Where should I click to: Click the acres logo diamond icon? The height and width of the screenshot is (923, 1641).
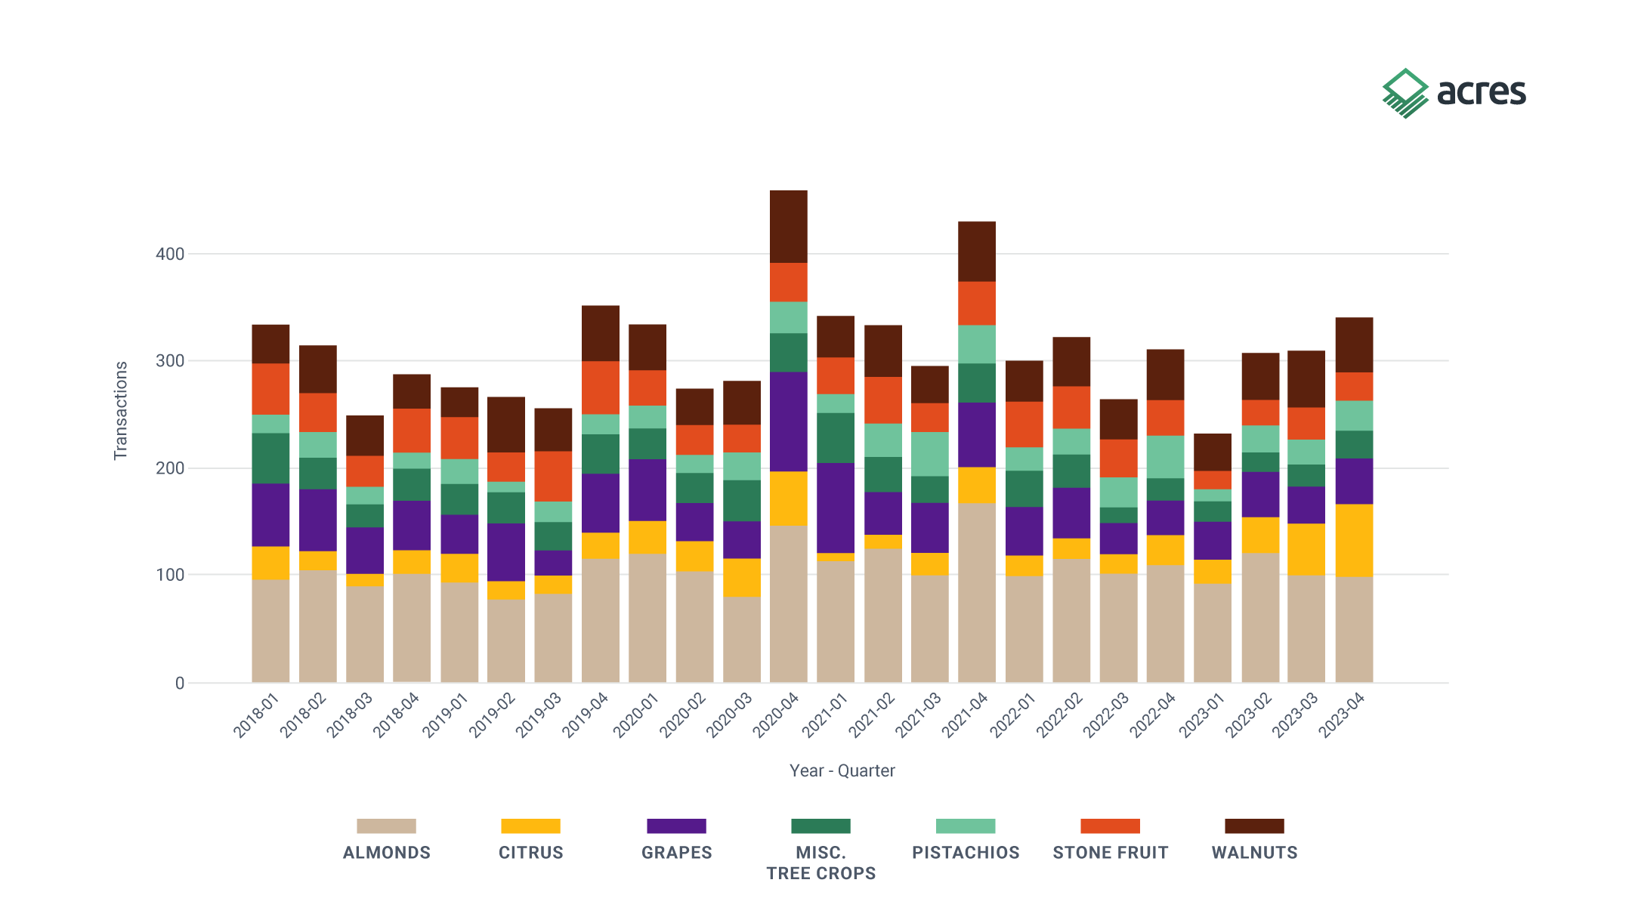(x=1405, y=93)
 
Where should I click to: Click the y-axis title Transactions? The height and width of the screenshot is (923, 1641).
(x=121, y=410)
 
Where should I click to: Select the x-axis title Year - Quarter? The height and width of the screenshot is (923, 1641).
(x=842, y=770)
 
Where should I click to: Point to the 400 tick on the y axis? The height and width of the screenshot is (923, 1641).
(x=170, y=254)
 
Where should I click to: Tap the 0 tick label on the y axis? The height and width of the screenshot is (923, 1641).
(x=180, y=683)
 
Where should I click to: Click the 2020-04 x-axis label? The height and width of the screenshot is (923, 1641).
(x=776, y=715)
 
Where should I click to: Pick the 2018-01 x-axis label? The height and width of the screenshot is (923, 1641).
(x=256, y=715)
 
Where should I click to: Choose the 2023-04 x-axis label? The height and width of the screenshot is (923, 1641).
(x=1342, y=715)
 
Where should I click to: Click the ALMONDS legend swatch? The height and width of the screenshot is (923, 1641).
(x=386, y=826)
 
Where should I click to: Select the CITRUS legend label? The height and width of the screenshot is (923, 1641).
(x=531, y=853)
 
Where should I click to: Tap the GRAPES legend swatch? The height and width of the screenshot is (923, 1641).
(x=676, y=826)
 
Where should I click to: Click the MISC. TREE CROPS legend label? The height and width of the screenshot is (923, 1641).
(x=821, y=863)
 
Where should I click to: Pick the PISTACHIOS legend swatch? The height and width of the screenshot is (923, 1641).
(x=966, y=826)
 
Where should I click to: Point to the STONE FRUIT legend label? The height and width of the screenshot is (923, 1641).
(x=1111, y=853)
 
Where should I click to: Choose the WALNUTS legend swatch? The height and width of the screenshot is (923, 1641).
(x=1254, y=826)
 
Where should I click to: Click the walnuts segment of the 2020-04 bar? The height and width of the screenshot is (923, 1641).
(x=789, y=227)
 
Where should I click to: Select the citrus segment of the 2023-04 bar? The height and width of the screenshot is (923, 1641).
(x=1354, y=540)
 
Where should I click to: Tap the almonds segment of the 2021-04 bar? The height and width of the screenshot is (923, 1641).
(x=977, y=593)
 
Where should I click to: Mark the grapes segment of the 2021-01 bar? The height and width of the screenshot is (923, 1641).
(x=836, y=508)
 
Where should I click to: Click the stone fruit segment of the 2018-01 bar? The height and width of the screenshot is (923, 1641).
(x=270, y=389)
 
